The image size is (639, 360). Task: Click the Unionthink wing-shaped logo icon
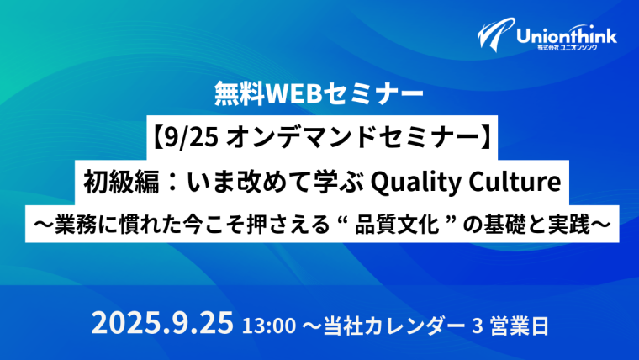click(x=495, y=34)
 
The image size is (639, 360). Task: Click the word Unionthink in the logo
click(x=567, y=36)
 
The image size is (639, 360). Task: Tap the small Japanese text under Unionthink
click(x=567, y=48)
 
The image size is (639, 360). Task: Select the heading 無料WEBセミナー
click(x=319, y=93)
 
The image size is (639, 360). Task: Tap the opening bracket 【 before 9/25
click(x=158, y=138)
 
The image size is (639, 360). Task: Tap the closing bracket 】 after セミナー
click(x=486, y=138)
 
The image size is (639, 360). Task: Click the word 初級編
click(x=120, y=183)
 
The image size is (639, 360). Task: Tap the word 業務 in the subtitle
click(x=76, y=225)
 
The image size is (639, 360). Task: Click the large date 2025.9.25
click(x=162, y=323)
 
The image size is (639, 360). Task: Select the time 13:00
click(x=269, y=326)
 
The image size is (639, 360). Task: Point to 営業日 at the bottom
click(x=520, y=326)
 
